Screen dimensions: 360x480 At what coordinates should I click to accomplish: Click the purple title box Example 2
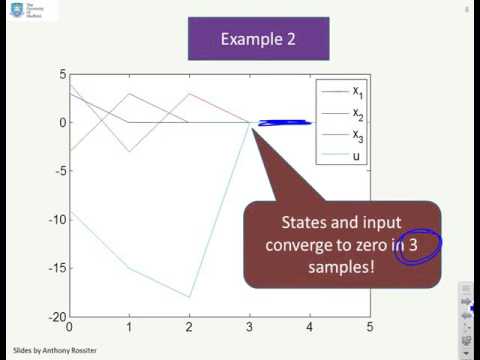coord(245,39)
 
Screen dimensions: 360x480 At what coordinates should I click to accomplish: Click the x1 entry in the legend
coord(357,91)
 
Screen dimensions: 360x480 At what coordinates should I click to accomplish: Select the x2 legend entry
coord(357,113)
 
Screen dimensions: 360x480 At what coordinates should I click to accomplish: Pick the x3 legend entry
coord(357,135)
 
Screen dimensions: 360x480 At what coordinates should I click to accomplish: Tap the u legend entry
coord(356,157)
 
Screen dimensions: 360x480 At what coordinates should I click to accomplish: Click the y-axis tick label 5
coord(61,74)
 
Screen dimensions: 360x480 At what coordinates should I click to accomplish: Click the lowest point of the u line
coord(190,297)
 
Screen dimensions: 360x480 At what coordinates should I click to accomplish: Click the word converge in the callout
coord(317,247)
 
